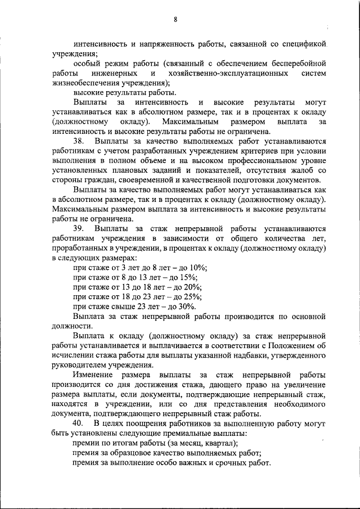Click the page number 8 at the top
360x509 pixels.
click(175, 20)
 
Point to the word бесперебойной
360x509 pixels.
click(298, 64)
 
